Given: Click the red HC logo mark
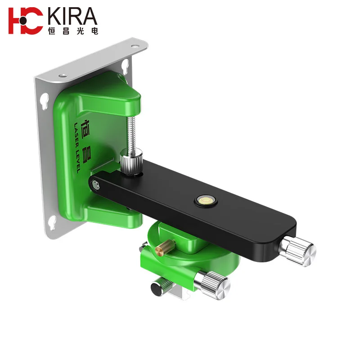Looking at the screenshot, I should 26,21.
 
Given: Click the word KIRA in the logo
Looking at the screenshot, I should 72,17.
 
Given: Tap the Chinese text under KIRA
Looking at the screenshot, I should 72,30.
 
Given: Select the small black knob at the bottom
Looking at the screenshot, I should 158,287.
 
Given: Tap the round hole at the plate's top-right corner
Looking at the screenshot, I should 134,46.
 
